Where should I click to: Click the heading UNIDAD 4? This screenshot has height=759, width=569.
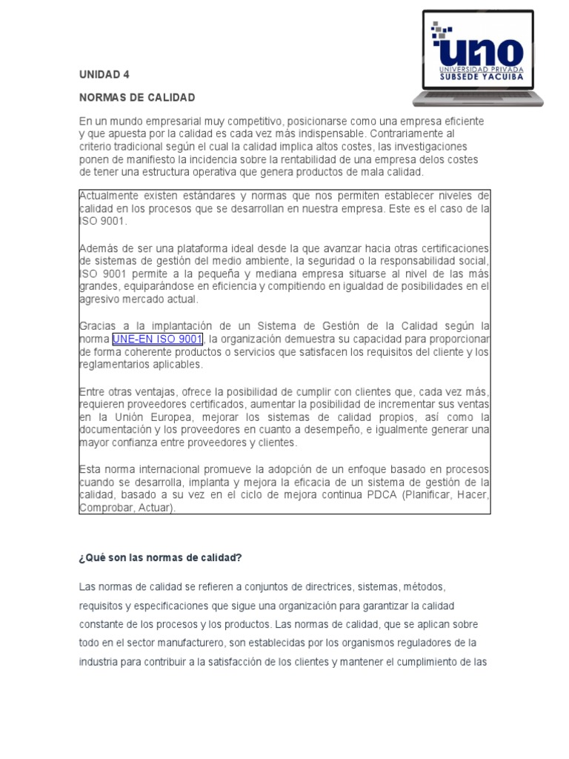coord(104,75)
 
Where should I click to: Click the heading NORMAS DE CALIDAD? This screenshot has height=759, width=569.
coord(137,98)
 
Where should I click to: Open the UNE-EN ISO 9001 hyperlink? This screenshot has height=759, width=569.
coord(157,339)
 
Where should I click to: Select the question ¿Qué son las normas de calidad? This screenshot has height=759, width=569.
coord(161,557)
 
